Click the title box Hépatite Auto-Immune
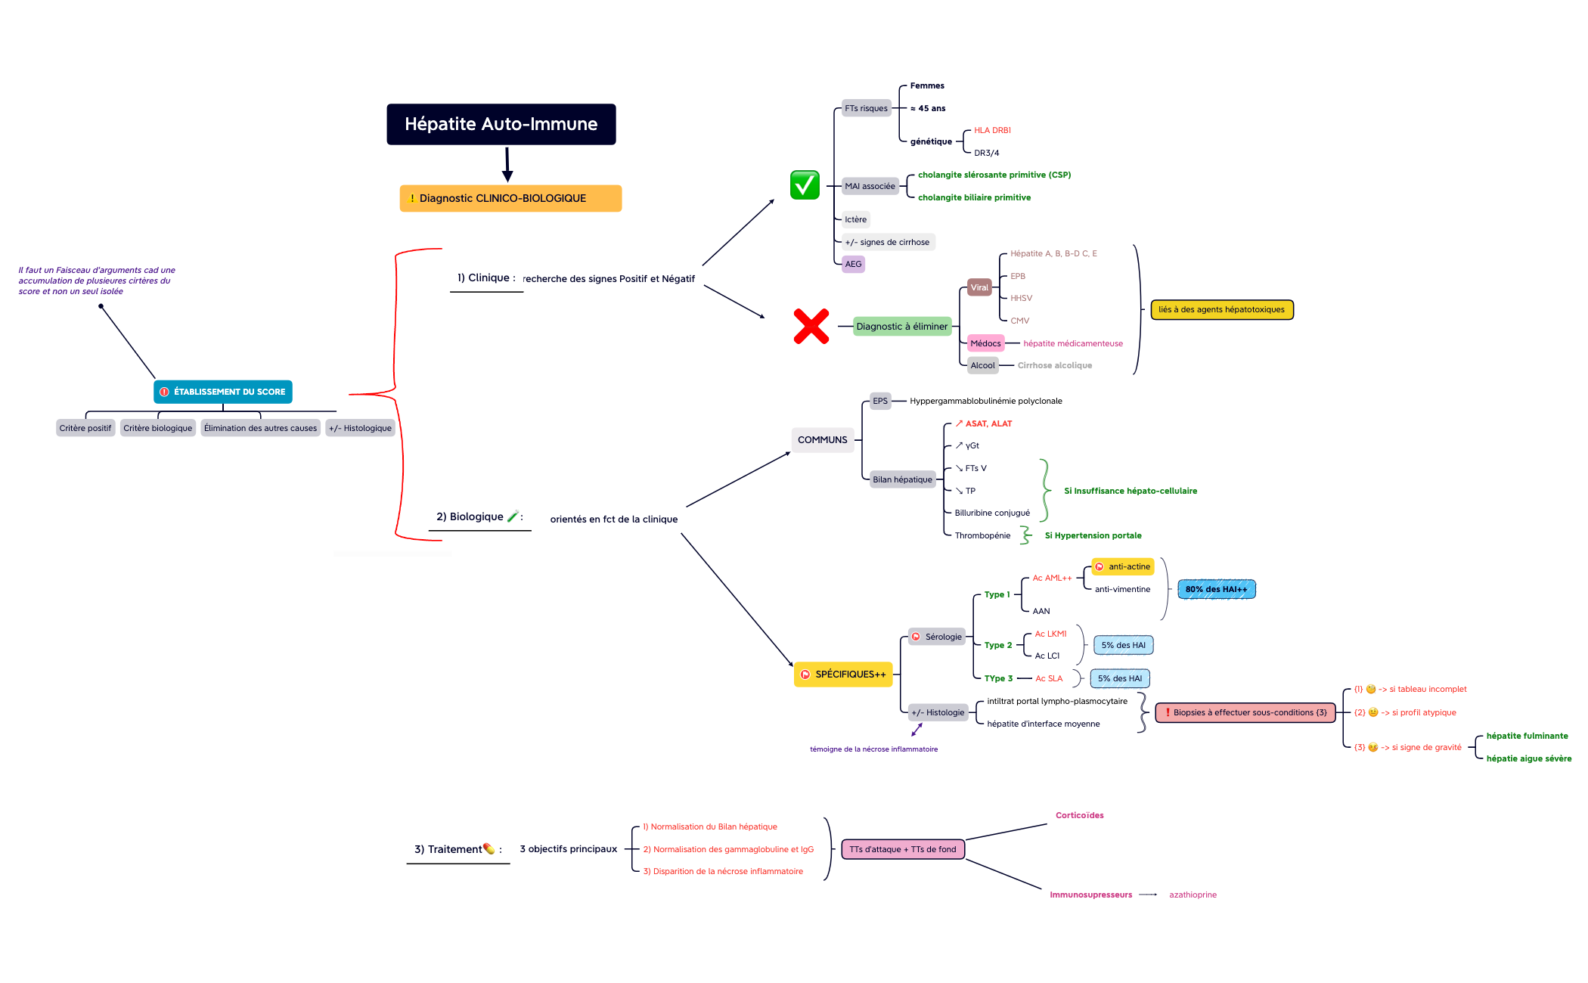pos(501,124)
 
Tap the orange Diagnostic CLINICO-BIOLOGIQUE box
pos(510,198)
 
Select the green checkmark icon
pos(805,185)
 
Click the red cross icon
pos(811,326)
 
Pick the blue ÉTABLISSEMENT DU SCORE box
pos(223,392)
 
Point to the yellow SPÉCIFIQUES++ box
pos(843,674)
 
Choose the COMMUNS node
pos(822,440)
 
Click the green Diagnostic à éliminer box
pos(901,327)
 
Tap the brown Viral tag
pos(979,287)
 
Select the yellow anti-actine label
pos(1123,566)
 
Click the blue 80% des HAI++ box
pos(1216,589)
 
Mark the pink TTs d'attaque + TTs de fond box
pos(903,849)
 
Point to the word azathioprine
pos(1193,895)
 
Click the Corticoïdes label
pos(1079,815)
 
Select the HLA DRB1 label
pos(992,130)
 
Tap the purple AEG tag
pos(853,264)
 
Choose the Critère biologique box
pos(157,428)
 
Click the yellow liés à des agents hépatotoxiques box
pos(1221,309)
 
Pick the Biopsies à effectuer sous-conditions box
pos(1245,712)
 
